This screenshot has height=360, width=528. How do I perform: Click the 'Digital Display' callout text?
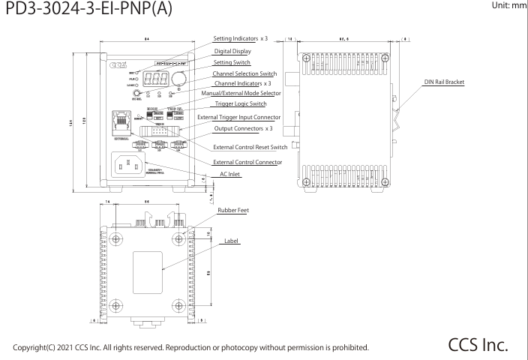click(x=234, y=51)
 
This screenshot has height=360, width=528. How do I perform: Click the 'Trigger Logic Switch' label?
click(x=238, y=104)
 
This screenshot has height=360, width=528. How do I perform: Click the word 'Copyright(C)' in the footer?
click(x=37, y=347)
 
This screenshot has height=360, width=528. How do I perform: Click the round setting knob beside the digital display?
click(x=179, y=77)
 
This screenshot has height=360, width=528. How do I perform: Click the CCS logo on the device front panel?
click(x=122, y=65)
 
